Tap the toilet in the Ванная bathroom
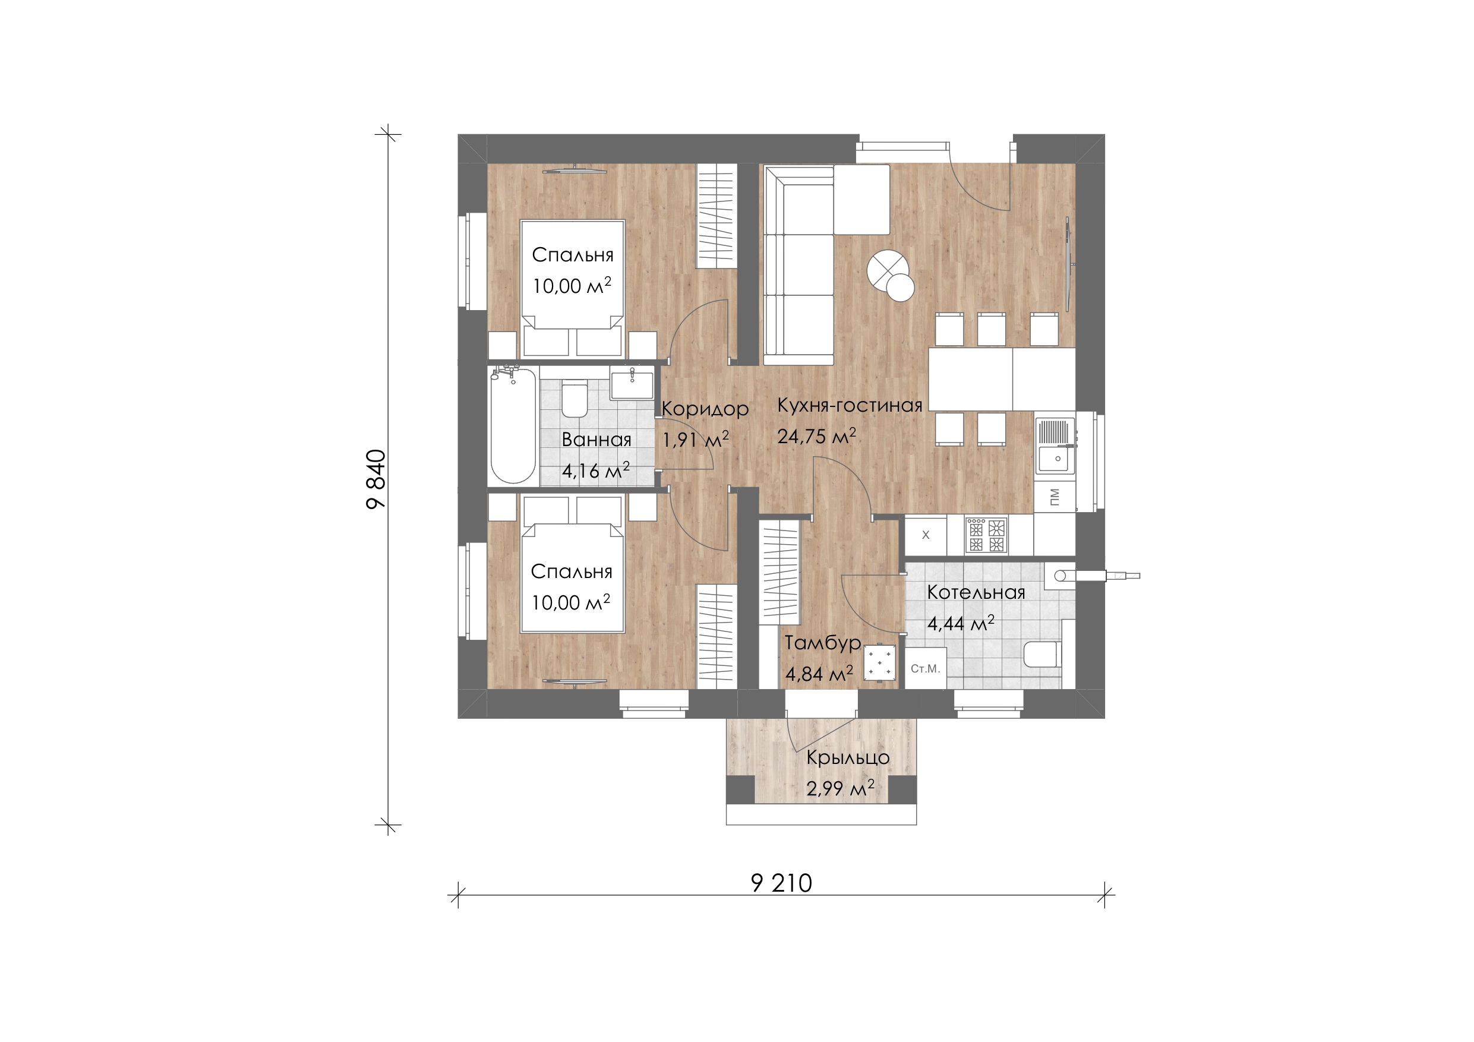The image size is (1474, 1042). [574, 400]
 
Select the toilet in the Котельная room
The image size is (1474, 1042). [1040, 654]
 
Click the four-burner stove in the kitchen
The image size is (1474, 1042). [986, 536]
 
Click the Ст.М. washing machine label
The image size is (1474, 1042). [925, 669]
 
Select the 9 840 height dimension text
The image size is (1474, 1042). [375, 479]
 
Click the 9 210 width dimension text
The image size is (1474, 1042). [781, 883]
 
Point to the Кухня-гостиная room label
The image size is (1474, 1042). [850, 405]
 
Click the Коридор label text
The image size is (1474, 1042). [705, 409]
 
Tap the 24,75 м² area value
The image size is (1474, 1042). [816, 436]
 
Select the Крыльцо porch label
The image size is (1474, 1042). [847, 758]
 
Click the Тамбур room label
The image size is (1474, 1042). [823, 643]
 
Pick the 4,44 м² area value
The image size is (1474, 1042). [961, 623]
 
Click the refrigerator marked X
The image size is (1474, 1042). [926, 535]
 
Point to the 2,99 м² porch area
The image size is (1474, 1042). [839, 788]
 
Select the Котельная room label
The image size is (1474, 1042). [976, 592]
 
